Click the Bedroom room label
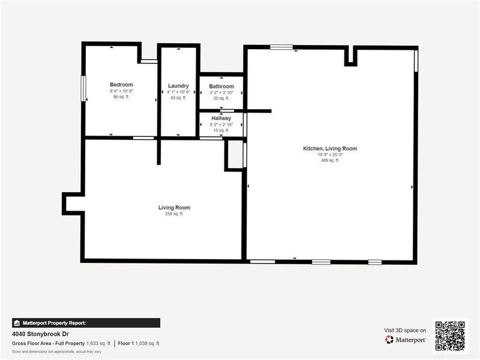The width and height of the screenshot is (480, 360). coord(121,85)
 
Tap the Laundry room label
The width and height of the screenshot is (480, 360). coord(178,86)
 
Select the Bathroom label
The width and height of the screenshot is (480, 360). coord(221,86)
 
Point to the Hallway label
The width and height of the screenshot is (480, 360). coord(221,118)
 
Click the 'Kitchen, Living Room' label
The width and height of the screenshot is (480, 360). coord(330,148)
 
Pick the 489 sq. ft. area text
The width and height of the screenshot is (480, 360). coord(330,160)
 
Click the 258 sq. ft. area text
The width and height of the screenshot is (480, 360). coord(174,214)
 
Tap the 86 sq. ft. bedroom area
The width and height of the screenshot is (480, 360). coord(121,97)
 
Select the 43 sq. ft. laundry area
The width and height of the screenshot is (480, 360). coord(178,97)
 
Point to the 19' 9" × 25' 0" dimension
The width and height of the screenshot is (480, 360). coord(330,154)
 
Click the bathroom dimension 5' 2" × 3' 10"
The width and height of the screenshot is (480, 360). coord(221,92)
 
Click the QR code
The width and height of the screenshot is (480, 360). coord(450,335)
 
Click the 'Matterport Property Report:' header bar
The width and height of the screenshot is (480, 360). coord(86,322)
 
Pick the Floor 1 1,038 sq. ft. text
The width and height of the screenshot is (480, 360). coord(139,343)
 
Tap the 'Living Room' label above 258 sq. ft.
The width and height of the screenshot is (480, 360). coord(174,208)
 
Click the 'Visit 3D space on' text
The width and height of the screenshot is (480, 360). coord(405,330)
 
